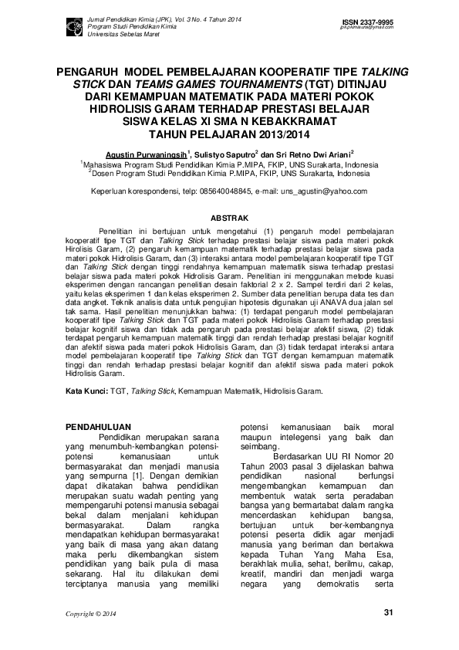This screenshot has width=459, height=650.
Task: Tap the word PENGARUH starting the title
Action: [x=86, y=70]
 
